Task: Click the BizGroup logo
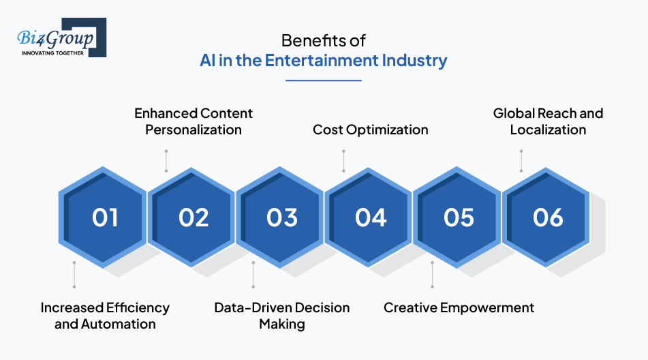pos(61,37)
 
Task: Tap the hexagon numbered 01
pos(102,217)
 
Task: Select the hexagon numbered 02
pos(191,217)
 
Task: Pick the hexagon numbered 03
pos(280,217)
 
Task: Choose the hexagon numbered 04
pos(368,217)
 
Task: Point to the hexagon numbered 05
pos(457,217)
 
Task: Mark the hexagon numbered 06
pos(546,217)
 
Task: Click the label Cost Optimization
pos(370,130)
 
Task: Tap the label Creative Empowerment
pos(459,308)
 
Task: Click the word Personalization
pos(194,130)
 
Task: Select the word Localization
pos(548,130)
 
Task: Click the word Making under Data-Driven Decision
pos(282,325)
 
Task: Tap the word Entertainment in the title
pos(322,61)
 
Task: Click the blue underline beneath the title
pos(324,80)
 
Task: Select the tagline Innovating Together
pos(52,53)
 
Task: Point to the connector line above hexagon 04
pos(343,161)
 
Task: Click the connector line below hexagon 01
pos(74,275)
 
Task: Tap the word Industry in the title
pos(414,61)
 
